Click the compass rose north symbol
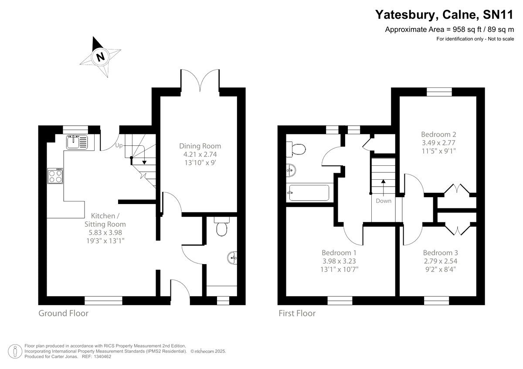[x=101, y=57]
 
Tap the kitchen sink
[x=77, y=142]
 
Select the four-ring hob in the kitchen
[x=55, y=176]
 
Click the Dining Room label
[x=200, y=146]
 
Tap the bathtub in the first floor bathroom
[x=309, y=193]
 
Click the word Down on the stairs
[x=384, y=201]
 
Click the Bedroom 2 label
[x=438, y=134]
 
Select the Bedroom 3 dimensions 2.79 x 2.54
[x=440, y=261]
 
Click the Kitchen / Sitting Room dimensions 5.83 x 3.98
[x=105, y=232]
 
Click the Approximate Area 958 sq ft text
[x=449, y=30]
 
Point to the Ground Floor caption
[x=63, y=313]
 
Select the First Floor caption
[x=297, y=313]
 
